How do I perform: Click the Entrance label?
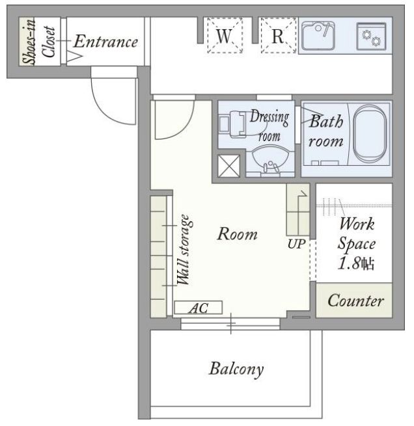pos(105,42)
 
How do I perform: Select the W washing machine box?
pos(225,35)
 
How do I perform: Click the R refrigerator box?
pos(278,35)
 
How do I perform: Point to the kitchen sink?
pos(318,36)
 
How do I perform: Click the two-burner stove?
pos(371,36)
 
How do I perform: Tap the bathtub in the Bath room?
pos(369,134)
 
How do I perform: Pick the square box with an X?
pos(229,166)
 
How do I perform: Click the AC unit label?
pos(199,308)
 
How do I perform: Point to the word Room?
pos(237,233)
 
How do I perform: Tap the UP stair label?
pos(297,245)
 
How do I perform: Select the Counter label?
pos(355,300)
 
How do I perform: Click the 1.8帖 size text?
pos(356,263)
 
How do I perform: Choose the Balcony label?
pos(236,369)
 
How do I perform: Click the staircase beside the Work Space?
pos(298,209)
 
